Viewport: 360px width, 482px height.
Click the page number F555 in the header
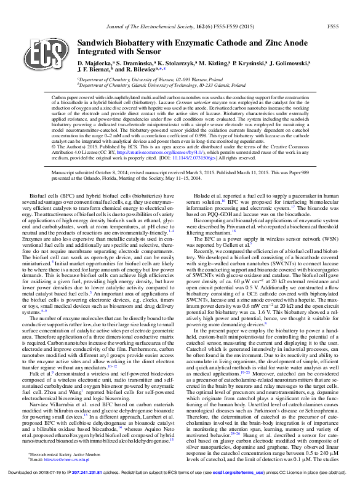click(x=332, y=27)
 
